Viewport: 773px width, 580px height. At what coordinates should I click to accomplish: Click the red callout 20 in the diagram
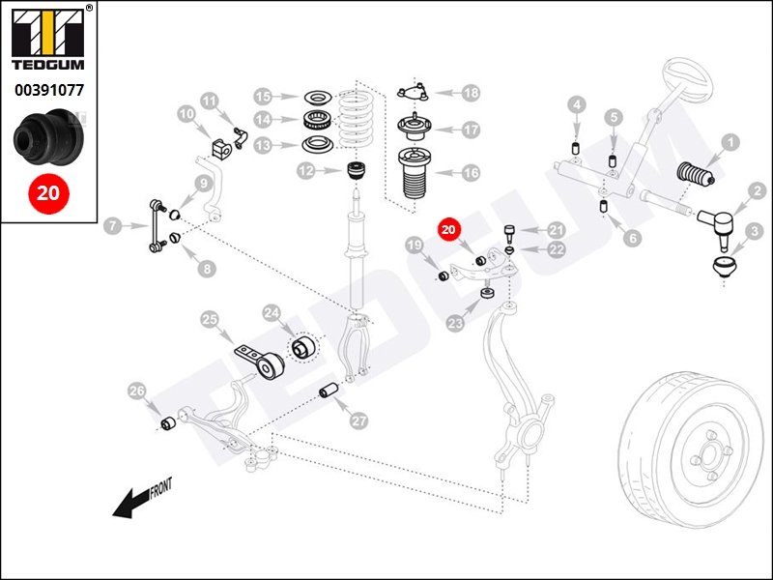coord(448,229)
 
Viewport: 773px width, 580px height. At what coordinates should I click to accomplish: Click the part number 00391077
coord(49,90)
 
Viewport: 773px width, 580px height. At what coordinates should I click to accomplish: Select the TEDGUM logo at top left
coord(48,39)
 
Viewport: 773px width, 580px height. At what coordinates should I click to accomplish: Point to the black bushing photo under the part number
coord(48,137)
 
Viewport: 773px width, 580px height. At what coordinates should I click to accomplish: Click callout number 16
coord(471,173)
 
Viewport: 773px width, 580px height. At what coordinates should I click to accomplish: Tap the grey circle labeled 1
coord(730,143)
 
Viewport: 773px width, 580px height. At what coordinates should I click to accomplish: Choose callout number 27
coord(358,420)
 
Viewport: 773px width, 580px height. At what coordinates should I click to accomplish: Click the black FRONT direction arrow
coord(131,504)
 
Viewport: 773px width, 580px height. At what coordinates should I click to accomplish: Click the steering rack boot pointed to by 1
coord(696,174)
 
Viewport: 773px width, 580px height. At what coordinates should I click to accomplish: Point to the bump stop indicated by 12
coord(356,172)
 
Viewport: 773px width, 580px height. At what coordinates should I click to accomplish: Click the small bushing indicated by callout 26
coord(169,423)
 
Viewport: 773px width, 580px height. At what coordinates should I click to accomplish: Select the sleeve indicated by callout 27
coord(329,390)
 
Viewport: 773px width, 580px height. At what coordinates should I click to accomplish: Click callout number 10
coord(186,115)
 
